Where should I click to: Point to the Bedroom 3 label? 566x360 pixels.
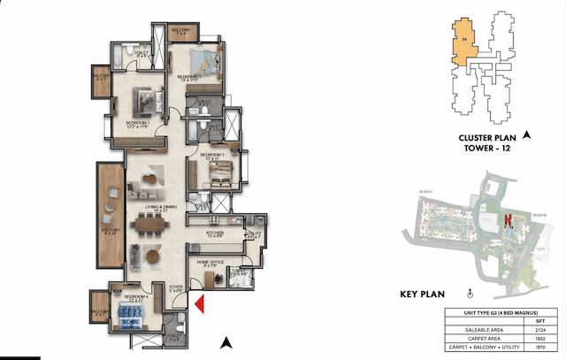(x=213, y=156)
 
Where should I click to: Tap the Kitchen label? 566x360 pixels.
(x=214, y=234)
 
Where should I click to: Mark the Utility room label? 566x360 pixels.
(x=255, y=234)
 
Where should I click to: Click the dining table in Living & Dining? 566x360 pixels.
(x=150, y=225)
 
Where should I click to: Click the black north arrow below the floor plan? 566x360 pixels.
(x=226, y=341)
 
